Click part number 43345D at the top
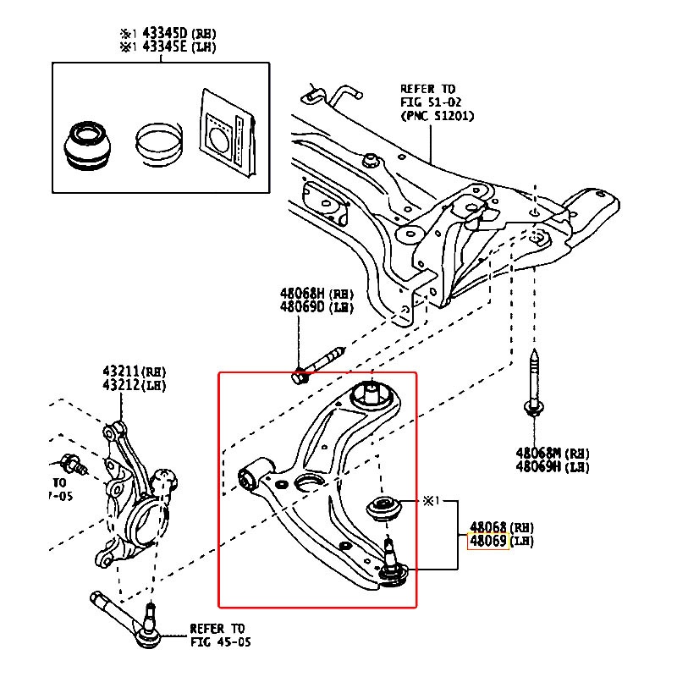pos(165,33)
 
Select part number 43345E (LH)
pos(165,47)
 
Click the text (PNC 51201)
pos(437,115)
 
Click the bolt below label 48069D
pos(317,364)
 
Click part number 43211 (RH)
pos(122,372)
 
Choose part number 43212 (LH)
pos(122,385)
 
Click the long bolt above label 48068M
pos(534,382)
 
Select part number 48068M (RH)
pos(540,453)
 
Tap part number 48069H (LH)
pos(540,466)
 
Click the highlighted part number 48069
pos(488,542)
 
